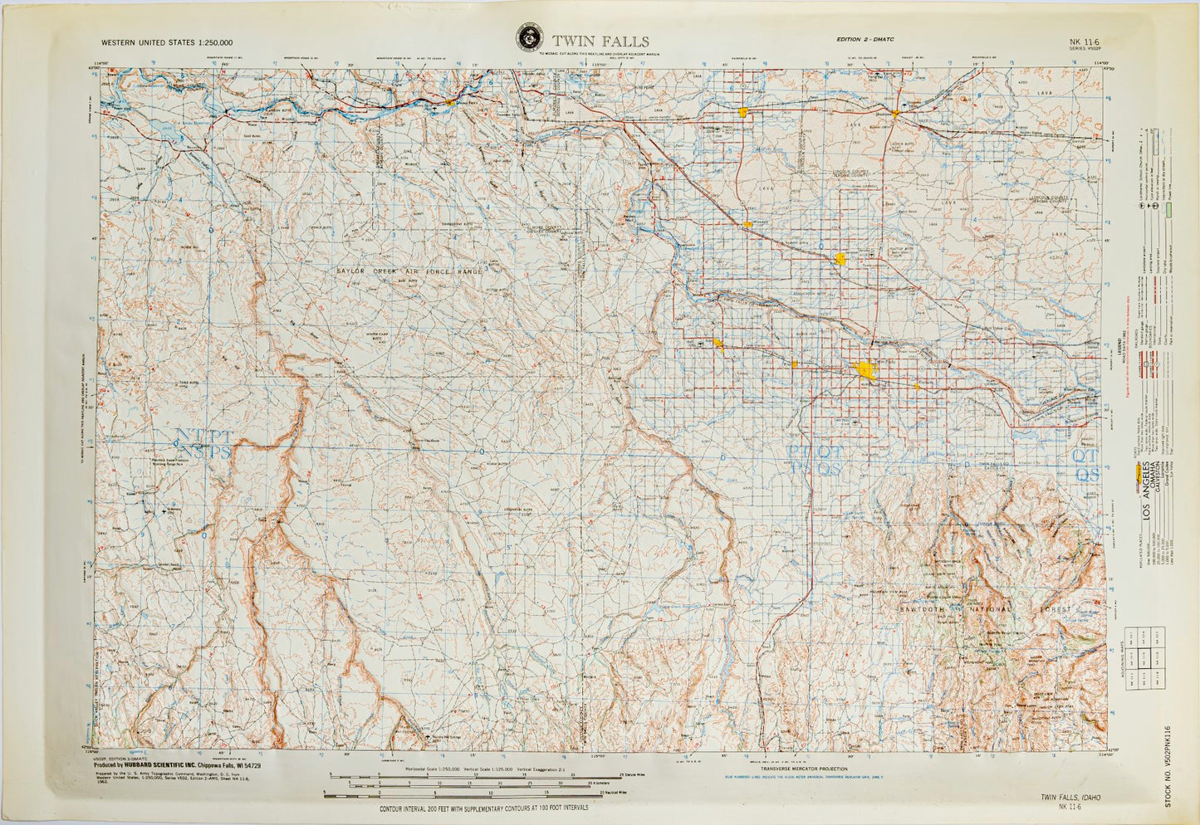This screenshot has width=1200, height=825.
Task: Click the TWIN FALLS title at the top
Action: click(x=601, y=41)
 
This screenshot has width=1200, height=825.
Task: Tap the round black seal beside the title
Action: click(x=527, y=37)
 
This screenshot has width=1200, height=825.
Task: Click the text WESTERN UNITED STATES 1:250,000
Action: click(x=166, y=42)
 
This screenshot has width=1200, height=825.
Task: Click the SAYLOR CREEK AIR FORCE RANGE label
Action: click(x=409, y=271)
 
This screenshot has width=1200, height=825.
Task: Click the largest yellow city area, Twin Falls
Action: click(x=866, y=369)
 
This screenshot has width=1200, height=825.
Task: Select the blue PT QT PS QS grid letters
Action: click(x=815, y=460)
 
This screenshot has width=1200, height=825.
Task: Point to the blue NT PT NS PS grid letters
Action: click(x=202, y=443)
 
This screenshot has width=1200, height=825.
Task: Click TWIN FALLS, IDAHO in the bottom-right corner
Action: click(x=1070, y=797)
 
